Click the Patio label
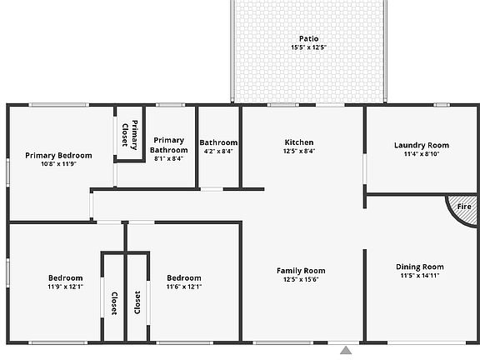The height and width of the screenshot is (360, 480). click(x=308, y=38)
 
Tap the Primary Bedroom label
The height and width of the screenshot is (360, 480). click(x=58, y=155)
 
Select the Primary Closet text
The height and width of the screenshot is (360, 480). click(x=129, y=133)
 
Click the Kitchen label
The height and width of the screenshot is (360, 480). click(x=299, y=142)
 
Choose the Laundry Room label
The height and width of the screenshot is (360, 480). click(x=421, y=145)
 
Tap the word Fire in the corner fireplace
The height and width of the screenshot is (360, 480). click(x=464, y=206)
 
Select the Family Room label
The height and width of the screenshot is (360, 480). click(x=301, y=270)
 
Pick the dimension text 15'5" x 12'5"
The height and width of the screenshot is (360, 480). click(x=308, y=48)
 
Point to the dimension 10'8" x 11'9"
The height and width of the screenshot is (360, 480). click(x=58, y=164)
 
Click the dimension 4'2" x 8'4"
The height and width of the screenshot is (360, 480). click(x=218, y=151)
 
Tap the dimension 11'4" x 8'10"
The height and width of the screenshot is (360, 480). click(x=421, y=154)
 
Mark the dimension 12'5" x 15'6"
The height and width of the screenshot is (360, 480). click(x=301, y=279)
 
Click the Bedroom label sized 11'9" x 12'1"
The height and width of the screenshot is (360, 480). click(x=65, y=277)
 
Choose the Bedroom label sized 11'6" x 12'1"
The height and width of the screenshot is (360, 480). click(x=184, y=277)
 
